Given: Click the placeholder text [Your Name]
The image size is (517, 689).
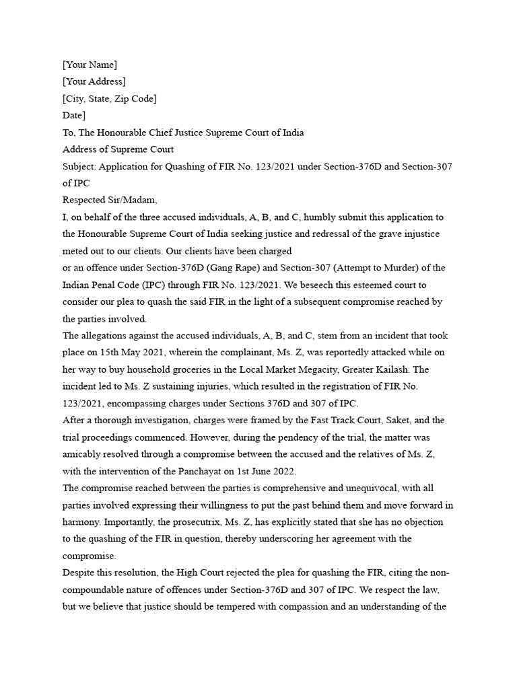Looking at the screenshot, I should click(90, 65).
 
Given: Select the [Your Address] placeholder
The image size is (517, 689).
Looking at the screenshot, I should click(94, 81).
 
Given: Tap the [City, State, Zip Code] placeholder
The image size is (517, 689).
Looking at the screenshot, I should click(110, 99).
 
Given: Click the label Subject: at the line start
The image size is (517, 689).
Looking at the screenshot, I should click(79, 166).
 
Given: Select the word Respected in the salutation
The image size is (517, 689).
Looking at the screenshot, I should click(83, 200).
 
